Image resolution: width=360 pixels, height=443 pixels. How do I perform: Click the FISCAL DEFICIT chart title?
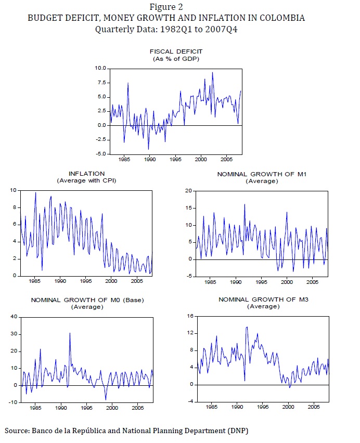click(176, 51)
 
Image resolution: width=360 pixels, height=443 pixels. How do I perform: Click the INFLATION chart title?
click(86, 173)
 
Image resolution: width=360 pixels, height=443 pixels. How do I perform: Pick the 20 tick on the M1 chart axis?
click(189, 191)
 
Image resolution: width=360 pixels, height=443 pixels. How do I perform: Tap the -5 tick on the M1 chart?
click(189, 276)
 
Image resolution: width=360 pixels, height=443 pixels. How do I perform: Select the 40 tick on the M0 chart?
click(14, 317)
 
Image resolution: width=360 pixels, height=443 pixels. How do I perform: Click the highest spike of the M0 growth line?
click(70, 333)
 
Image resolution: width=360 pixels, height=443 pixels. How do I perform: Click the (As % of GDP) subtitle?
click(176, 59)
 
